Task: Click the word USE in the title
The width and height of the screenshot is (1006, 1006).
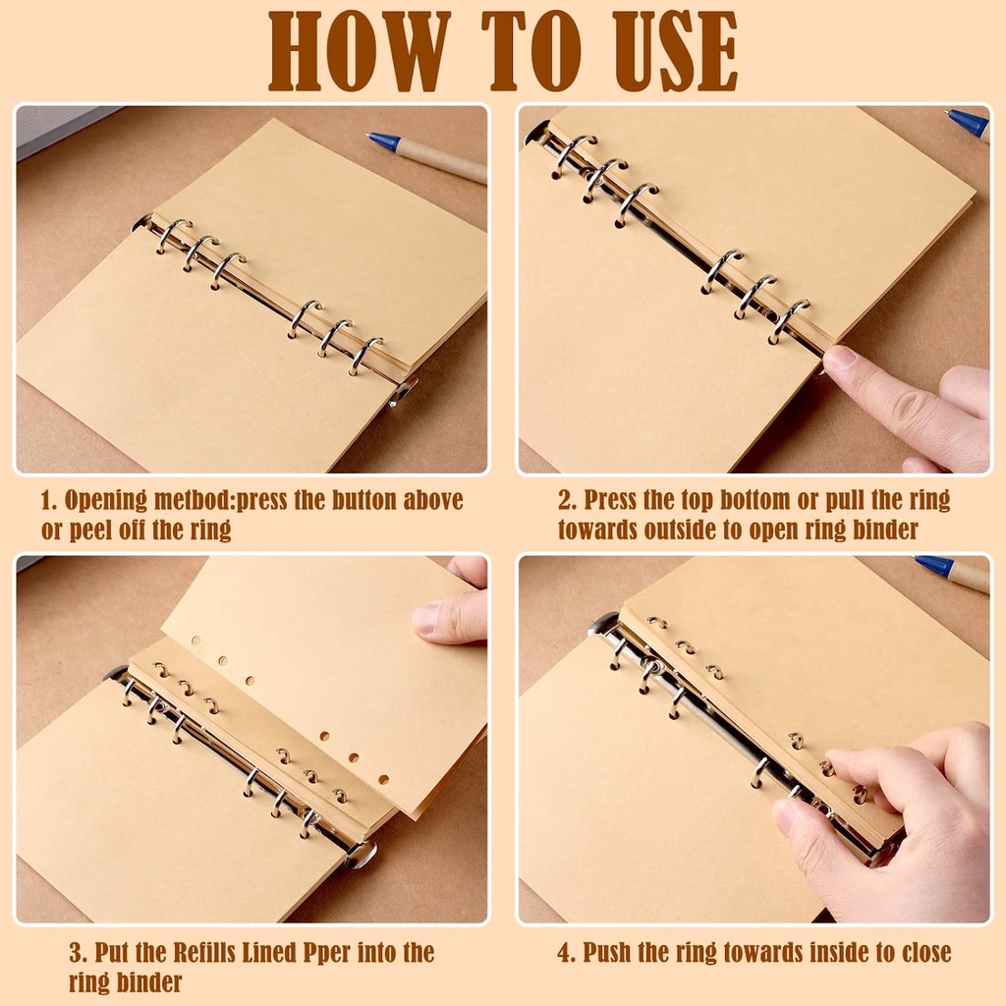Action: (676, 51)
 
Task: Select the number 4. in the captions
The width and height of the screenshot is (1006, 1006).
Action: (567, 952)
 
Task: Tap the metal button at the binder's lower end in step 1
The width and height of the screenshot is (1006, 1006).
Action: (403, 391)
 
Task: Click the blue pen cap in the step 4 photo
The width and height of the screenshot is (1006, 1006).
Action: (934, 566)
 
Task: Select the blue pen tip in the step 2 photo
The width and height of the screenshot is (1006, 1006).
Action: (948, 113)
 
